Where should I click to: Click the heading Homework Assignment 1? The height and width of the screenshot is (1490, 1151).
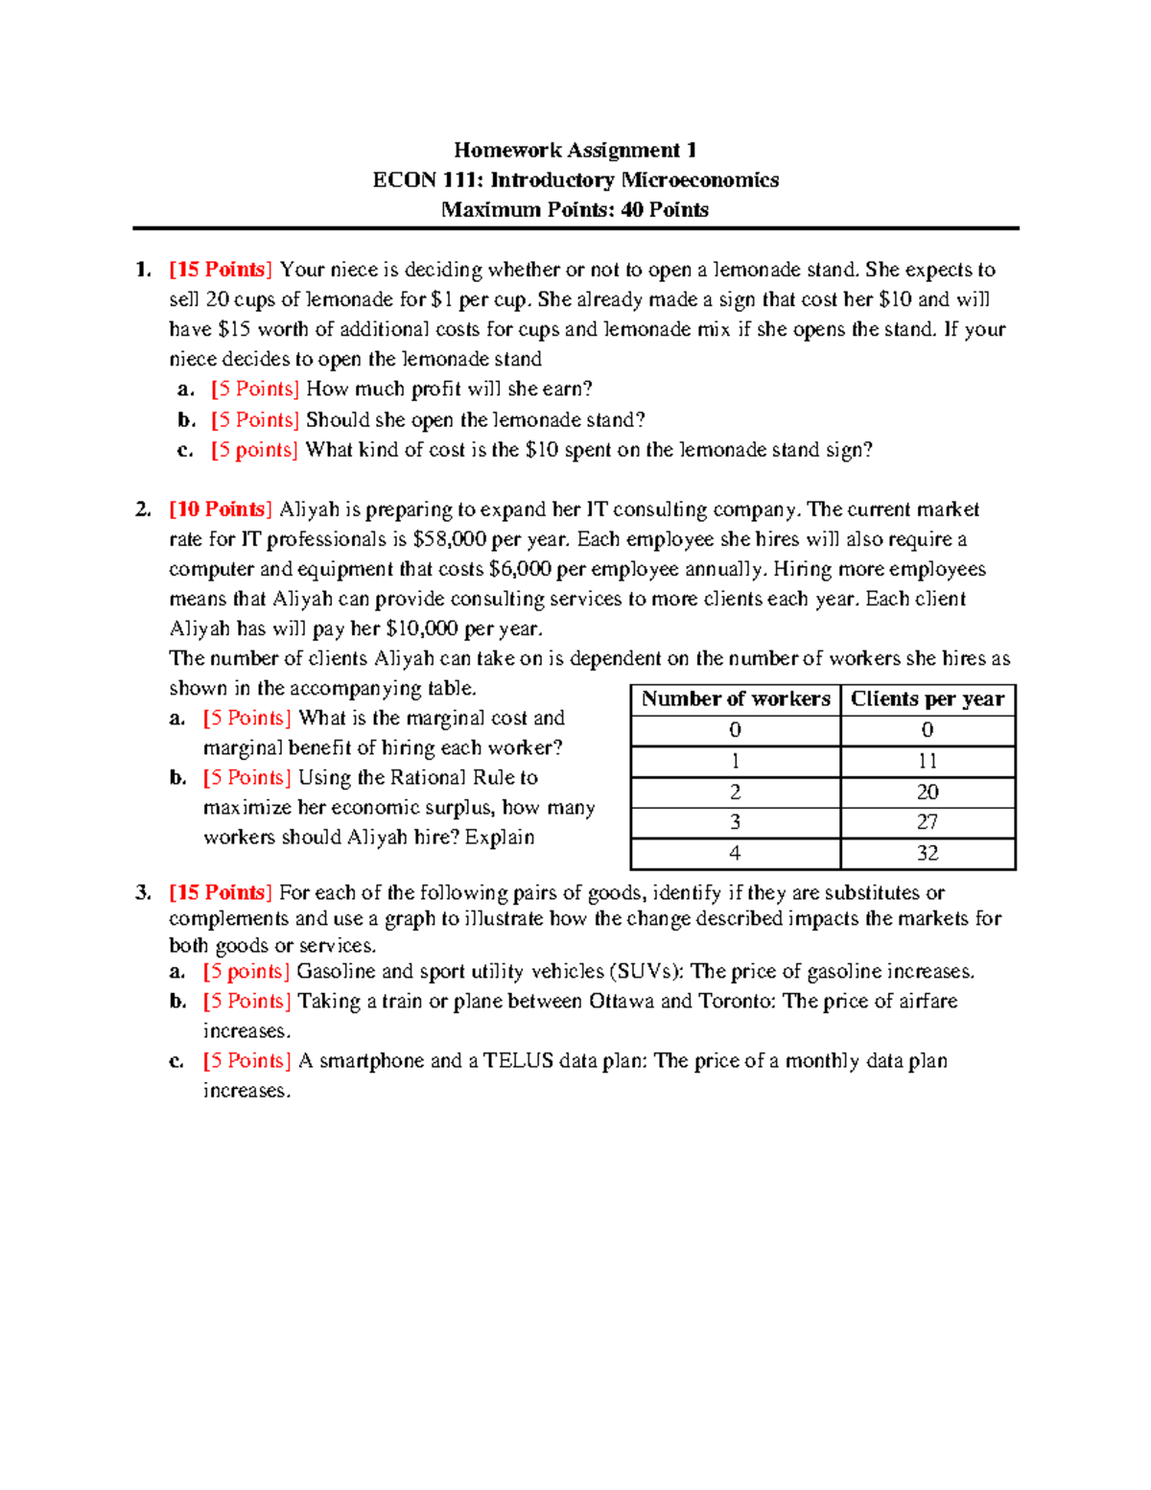(575, 150)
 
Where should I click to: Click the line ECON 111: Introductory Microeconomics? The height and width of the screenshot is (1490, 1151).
(575, 179)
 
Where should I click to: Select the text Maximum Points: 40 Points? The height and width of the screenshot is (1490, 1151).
(575, 209)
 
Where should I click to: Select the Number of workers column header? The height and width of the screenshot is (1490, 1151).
(736, 699)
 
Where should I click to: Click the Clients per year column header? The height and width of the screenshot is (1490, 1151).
(927, 699)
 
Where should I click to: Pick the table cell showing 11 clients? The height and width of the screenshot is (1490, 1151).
(927, 761)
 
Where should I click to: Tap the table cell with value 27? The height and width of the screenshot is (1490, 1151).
(927, 822)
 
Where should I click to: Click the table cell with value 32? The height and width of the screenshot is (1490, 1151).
(927, 853)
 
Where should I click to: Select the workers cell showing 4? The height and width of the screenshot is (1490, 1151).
(735, 853)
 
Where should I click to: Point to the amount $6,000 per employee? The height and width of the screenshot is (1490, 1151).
(519, 569)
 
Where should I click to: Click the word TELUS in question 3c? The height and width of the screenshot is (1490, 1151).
(518, 1061)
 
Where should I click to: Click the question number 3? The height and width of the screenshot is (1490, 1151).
(143, 893)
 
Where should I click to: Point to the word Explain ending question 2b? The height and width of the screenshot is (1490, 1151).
(500, 838)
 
